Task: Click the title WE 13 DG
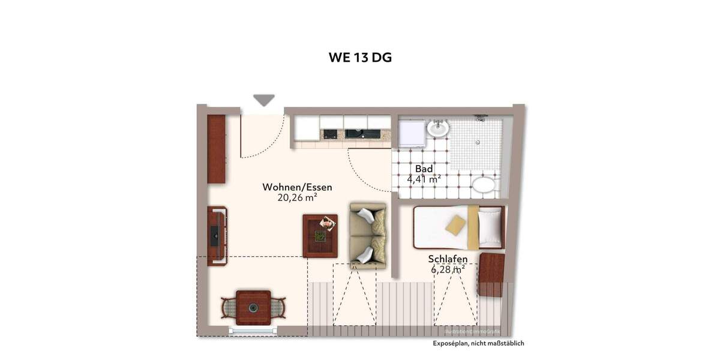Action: (360, 58)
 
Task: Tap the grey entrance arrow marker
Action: (263, 100)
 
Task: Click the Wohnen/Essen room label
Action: (297, 187)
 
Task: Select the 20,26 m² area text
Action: (297, 198)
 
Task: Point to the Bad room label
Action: (424, 169)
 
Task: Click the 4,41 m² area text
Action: (424, 179)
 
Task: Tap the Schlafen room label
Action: (448, 259)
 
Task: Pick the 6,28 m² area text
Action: (448, 270)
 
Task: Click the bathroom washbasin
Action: (437, 128)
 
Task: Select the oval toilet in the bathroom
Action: (483, 185)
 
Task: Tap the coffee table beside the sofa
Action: (320, 235)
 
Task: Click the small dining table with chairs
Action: (253, 307)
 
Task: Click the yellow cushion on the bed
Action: (455, 225)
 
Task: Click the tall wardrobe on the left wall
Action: (216, 149)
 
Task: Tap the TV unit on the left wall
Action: (216, 236)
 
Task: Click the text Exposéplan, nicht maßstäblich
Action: (479, 343)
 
